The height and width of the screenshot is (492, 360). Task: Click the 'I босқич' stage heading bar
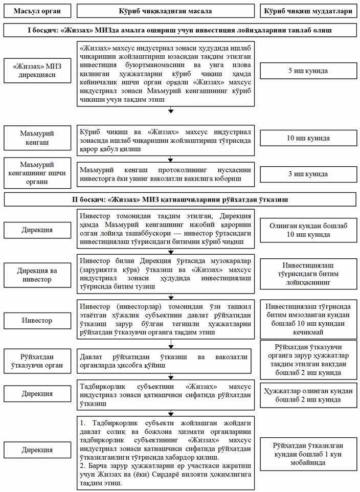pos(180,31)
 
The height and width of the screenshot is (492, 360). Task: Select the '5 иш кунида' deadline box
pos(308,72)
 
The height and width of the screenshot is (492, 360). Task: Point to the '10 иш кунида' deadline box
pos(308,138)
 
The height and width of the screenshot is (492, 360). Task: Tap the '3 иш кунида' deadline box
pos(308,174)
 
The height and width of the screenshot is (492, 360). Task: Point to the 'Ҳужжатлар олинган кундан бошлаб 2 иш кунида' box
pos(308,395)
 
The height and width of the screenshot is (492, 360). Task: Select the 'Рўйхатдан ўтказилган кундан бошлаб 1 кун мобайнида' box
pos(308,450)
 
